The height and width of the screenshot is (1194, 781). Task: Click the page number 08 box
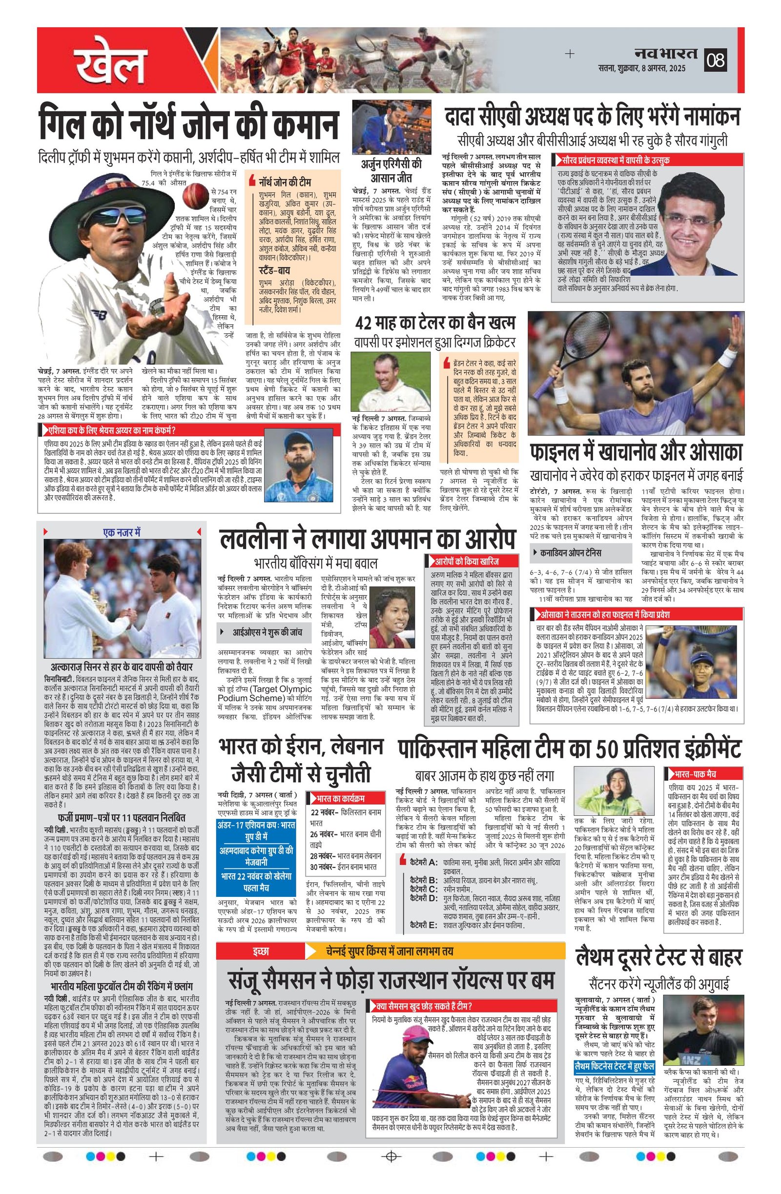click(x=716, y=60)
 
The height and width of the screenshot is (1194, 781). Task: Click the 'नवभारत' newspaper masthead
click(x=665, y=53)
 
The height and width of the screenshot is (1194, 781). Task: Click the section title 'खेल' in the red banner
click(x=111, y=65)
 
